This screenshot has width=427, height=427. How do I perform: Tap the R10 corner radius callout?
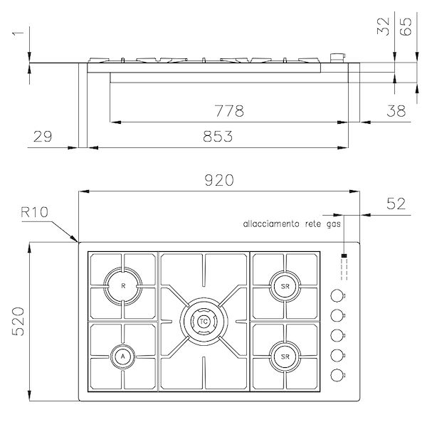tap(34, 212)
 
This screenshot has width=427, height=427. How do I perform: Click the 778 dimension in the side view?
tap(229, 112)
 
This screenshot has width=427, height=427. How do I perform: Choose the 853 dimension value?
tap(218, 137)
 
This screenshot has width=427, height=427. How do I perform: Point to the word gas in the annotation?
tap(334, 223)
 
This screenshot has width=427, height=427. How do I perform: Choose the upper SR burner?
tap(284, 287)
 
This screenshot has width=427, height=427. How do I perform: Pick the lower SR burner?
tap(284, 355)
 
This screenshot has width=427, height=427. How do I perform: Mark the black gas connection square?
tap(344, 255)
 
